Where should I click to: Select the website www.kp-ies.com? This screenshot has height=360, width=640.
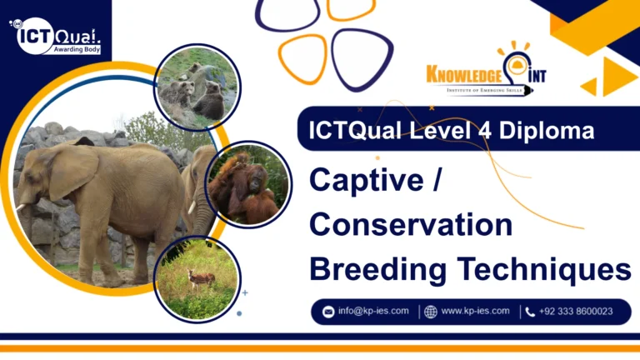point(475,311)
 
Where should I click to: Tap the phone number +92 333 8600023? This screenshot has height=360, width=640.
point(576,311)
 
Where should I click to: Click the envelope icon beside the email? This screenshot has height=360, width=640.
point(328,312)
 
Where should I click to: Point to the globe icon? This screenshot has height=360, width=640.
point(430,312)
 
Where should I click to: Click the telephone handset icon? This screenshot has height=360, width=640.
point(530,312)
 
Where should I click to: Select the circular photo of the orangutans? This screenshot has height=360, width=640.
point(247,184)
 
